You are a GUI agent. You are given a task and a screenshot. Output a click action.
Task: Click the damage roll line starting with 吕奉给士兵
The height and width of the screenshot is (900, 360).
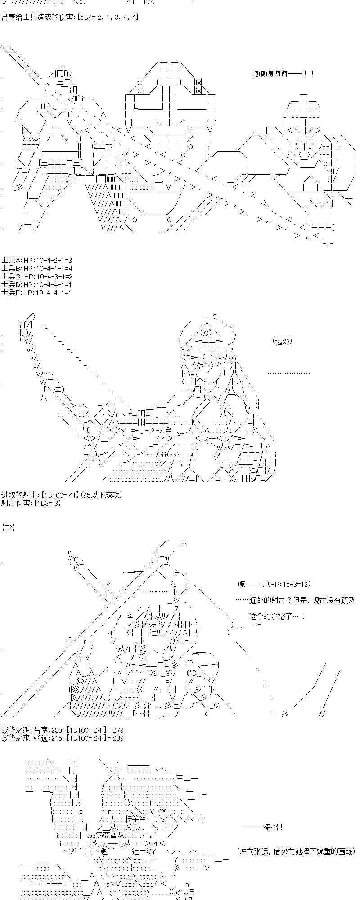(70, 18)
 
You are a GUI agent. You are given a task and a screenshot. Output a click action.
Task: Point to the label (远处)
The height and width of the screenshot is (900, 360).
(282, 341)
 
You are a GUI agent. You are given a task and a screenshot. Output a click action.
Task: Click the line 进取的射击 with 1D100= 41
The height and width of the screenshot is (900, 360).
(61, 495)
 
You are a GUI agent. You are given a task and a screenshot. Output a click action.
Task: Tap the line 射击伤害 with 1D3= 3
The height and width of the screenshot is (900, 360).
(31, 503)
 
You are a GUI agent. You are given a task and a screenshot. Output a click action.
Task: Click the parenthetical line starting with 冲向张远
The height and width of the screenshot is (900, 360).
(296, 851)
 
